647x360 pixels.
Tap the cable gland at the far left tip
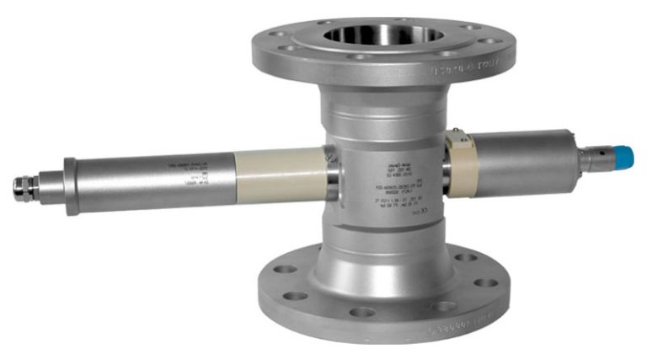pyautogui.click(x=24, y=188)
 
